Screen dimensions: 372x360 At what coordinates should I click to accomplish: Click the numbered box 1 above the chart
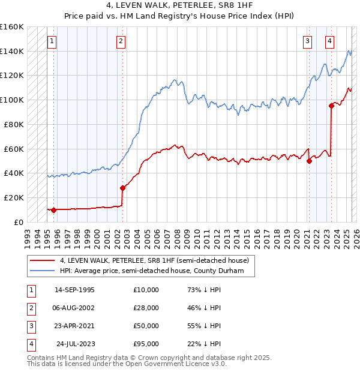(53, 41)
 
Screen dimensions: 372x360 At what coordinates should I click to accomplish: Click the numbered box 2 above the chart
(121, 41)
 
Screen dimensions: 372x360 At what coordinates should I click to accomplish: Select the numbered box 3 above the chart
(307, 41)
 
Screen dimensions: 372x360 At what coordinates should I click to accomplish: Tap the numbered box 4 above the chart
(330, 41)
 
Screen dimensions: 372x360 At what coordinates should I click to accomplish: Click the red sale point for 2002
(122, 187)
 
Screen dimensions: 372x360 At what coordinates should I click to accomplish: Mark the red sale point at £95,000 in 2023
(331, 106)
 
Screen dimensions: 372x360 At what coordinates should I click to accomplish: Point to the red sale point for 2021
(309, 161)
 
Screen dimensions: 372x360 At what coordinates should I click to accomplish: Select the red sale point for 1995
(54, 210)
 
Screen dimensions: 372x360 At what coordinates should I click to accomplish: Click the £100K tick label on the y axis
(11, 100)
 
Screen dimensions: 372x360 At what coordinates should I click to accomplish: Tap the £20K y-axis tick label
(14, 197)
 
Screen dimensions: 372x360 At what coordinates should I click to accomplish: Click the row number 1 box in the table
(30, 289)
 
